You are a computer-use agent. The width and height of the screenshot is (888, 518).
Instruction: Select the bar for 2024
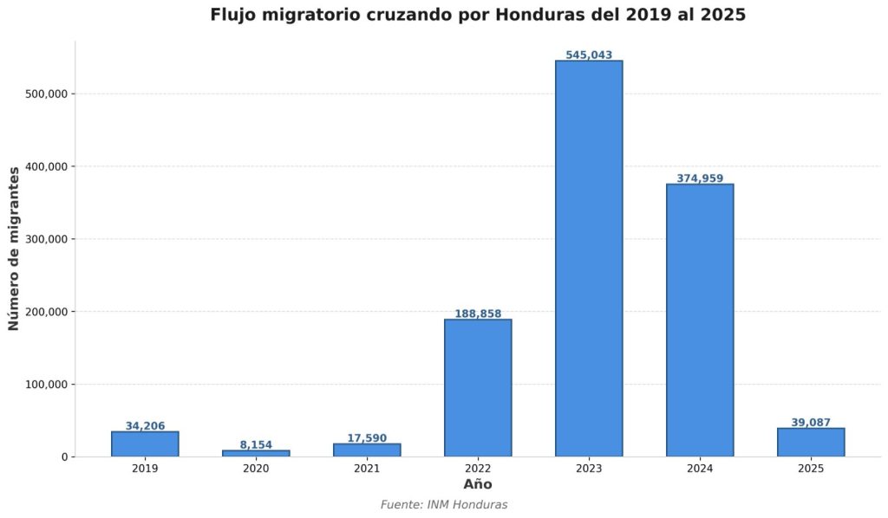click(700, 320)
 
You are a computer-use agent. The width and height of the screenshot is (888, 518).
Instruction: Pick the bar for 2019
click(145, 444)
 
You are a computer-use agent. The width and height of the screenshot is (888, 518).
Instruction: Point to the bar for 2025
click(811, 442)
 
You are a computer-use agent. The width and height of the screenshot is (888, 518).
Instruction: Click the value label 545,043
click(589, 55)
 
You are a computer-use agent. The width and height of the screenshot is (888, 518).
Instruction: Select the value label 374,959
click(700, 178)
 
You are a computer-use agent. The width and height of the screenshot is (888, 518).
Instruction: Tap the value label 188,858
click(478, 314)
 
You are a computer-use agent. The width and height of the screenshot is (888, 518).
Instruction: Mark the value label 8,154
click(256, 444)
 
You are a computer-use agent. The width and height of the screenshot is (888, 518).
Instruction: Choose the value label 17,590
click(367, 438)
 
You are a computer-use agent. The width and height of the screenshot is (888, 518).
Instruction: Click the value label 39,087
click(811, 422)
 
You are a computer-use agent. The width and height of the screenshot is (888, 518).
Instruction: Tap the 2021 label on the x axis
click(367, 469)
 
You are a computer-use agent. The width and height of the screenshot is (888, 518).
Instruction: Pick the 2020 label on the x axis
click(256, 469)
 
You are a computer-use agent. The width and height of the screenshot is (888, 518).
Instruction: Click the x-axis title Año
click(478, 484)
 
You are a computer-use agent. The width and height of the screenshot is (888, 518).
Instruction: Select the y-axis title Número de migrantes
click(14, 249)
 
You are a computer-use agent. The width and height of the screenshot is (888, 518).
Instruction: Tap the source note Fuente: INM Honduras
click(444, 505)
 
